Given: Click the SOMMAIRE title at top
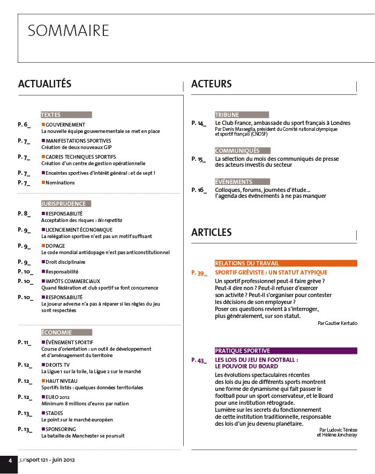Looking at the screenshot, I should [x=68, y=31].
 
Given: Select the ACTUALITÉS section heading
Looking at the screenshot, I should [x=44, y=84].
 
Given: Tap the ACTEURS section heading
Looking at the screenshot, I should [x=211, y=84].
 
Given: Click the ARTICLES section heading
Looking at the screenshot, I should [x=211, y=232].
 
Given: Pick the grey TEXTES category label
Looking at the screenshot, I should [x=51, y=115].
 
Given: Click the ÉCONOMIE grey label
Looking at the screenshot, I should [x=57, y=332].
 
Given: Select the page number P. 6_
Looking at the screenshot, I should [x=24, y=124].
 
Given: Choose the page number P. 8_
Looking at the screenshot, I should [x=24, y=213].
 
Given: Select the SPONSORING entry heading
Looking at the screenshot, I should [x=61, y=429].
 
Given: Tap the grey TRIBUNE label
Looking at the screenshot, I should [x=227, y=115].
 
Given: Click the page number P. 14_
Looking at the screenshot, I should [x=198, y=123].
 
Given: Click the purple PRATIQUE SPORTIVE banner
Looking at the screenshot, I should [x=243, y=351].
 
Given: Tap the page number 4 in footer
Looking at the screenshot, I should [x=9, y=461].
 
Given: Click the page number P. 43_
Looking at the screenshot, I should [x=198, y=360].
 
